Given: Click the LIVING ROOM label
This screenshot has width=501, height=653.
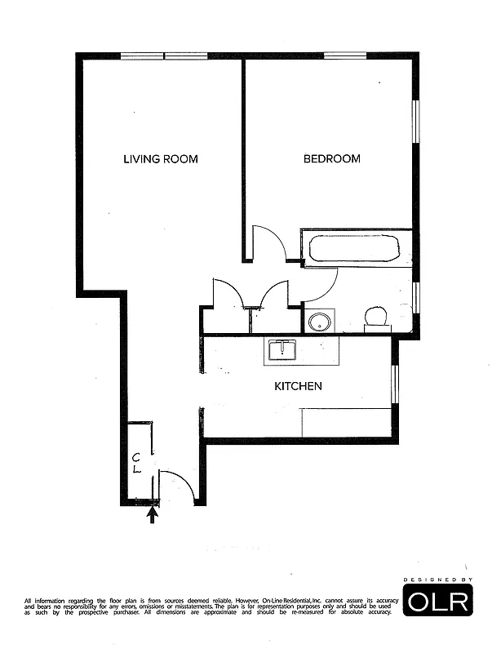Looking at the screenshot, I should point(160,159).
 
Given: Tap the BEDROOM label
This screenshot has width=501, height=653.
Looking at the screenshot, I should point(331,159).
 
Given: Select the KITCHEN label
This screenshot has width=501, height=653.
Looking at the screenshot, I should point(297,386).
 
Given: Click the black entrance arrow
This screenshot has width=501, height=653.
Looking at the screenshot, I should point(152,514).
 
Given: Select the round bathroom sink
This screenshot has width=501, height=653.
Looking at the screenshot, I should point(319,321).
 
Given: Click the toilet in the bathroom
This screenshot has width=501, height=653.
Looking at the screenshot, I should point(377,317).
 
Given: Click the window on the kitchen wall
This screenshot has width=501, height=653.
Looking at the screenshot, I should point(394,384).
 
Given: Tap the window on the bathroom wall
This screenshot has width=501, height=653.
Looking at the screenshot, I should point(415,296).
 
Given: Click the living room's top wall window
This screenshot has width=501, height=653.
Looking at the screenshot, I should point(164,56).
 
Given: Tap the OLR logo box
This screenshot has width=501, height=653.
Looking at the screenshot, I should point(438,602).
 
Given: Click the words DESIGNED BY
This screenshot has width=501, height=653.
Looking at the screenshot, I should point(438,580).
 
